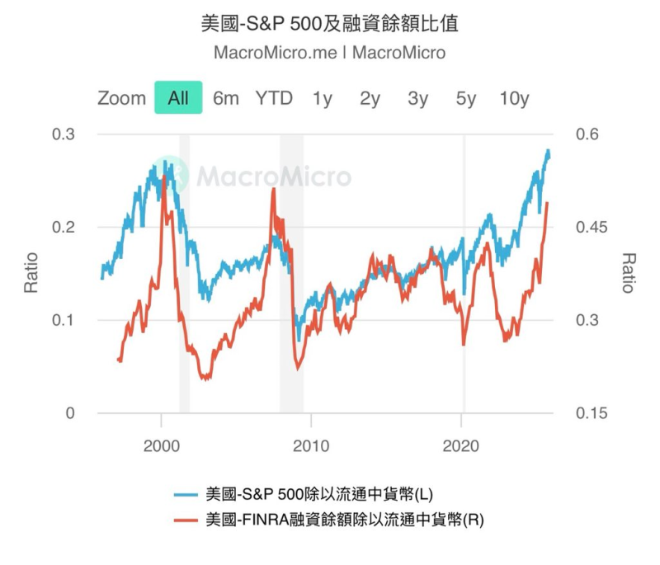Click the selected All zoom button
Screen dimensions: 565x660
click(x=178, y=98)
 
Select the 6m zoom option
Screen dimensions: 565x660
click(x=225, y=98)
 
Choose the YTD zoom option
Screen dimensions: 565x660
click(x=273, y=98)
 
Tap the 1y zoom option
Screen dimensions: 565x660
click(x=322, y=98)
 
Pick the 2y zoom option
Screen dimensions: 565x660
click(x=370, y=98)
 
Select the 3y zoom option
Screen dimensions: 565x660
click(x=417, y=98)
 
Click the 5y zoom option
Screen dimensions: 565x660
click(x=466, y=98)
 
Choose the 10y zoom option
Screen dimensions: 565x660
click(x=514, y=98)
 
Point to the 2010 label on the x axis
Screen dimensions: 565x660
click(x=311, y=445)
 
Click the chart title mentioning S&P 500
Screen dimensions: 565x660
click(x=329, y=22)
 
